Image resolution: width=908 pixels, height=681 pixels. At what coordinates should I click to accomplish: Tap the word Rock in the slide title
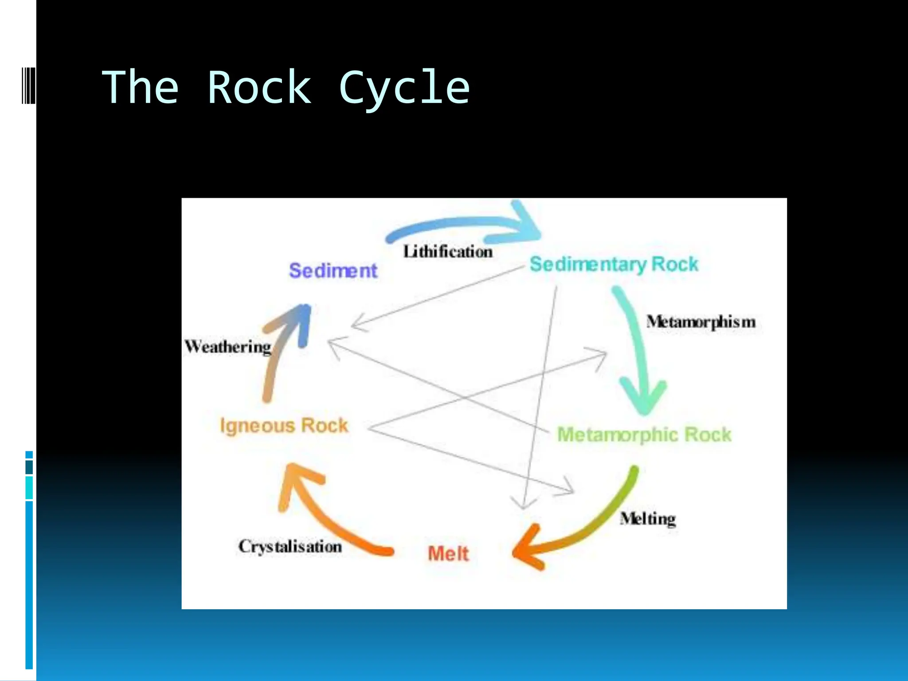[259, 88]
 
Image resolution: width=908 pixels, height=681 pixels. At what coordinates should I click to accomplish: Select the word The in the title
[141, 88]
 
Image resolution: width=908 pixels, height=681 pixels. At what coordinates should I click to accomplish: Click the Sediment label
[333, 270]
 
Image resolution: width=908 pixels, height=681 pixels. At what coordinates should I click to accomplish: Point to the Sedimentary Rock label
[614, 264]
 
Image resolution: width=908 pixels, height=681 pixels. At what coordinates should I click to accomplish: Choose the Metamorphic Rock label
[644, 434]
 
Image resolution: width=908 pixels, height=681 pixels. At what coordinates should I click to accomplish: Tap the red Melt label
[448, 554]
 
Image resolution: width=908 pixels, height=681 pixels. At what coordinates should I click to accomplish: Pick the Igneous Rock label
[284, 425]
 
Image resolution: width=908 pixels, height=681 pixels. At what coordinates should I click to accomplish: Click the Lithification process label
[448, 252]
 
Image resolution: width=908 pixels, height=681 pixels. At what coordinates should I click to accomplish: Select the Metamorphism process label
[701, 322]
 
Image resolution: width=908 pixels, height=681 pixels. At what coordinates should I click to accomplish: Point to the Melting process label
[648, 518]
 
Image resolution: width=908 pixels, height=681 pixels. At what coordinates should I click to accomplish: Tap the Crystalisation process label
[290, 546]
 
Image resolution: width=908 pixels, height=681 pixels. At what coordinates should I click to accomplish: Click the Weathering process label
[228, 347]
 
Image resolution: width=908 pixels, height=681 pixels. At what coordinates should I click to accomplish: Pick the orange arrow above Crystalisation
[319, 510]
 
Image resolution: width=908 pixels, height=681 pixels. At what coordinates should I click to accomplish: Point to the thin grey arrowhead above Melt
[524, 503]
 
